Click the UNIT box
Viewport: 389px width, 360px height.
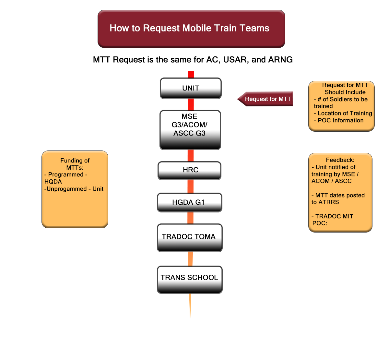[191, 88]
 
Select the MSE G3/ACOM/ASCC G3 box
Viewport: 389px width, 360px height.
[190, 129]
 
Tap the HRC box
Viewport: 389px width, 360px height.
[190, 170]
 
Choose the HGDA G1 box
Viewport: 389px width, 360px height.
[190, 202]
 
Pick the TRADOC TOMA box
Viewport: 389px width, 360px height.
[189, 237]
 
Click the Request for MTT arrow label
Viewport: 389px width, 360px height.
[267, 99]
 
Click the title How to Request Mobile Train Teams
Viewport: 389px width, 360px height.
[191, 29]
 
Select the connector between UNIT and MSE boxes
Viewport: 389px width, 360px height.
[191, 104]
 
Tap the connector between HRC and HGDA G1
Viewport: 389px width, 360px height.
[191, 186]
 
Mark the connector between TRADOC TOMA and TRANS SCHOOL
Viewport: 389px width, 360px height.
[191, 259]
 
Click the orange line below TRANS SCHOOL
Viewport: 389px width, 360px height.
[191, 311]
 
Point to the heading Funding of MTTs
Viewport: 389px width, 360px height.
[75, 164]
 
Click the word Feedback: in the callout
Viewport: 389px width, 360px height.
[340, 160]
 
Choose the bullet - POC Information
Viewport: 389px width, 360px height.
[339, 120]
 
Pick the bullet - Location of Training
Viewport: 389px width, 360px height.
[343, 113]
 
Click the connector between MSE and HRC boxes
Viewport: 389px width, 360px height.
[191, 155]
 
